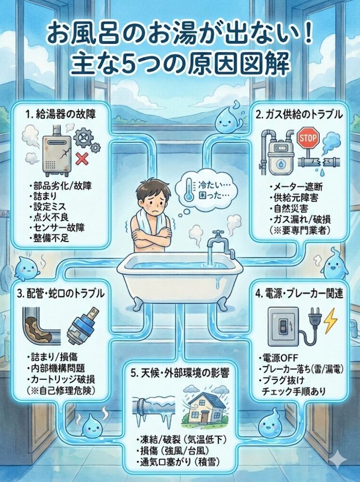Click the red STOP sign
[308, 138]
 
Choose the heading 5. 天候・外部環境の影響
[180, 373]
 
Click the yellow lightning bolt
[331, 321]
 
